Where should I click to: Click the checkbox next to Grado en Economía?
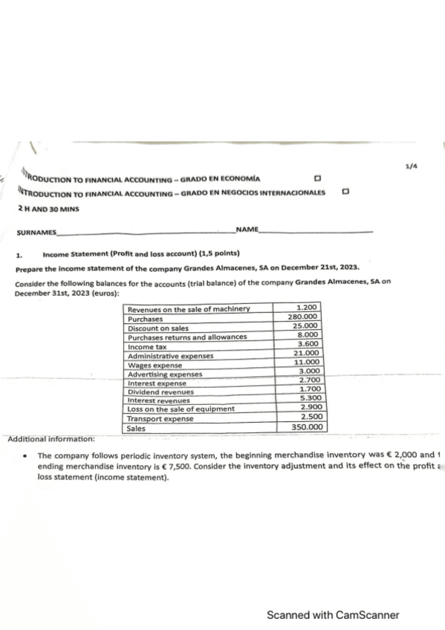click(x=318, y=179)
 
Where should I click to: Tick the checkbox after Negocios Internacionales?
click(x=345, y=192)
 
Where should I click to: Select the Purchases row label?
click(x=146, y=319)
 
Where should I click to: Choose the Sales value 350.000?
click(x=307, y=427)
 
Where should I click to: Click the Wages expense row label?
click(x=155, y=366)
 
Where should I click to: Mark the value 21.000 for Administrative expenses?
click(x=305, y=353)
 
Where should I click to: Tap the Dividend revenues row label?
click(x=161, y=392)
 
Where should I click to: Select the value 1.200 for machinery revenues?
click(x=307, y=308)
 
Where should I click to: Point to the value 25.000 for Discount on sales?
click(x=305, y=326)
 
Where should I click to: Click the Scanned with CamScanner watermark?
click(x=333, y=615)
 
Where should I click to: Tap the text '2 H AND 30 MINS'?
click(x=48, y=209)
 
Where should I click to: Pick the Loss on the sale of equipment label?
click(x=181, y=409)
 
